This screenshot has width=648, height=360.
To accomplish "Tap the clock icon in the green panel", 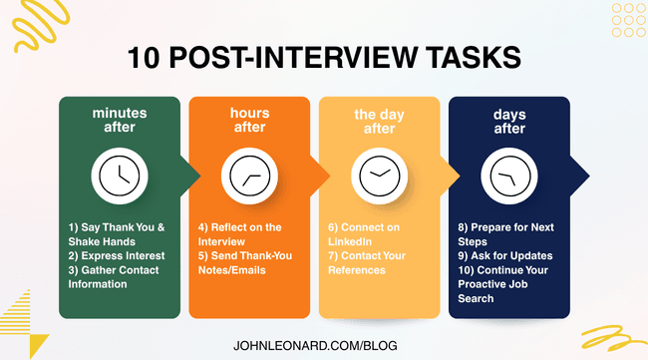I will pyautogui.click(x=120, y=177).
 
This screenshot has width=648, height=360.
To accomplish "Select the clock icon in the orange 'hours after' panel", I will pyautogui.click(x=249, y=177).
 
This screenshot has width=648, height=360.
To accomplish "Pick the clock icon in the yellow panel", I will pyautogui.click(x=379, y=177).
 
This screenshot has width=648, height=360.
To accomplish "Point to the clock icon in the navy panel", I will pyautogui.click(x=509, y=177).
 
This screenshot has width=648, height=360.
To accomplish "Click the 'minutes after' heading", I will pyautogui.click(x=120, y=122).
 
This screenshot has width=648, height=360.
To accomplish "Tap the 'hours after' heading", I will pyautogui.click(x=249, y=122).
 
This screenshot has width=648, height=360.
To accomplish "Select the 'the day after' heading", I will pyautogui.click(x=379, y=122).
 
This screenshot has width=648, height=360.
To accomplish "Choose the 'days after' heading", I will pyautogui.click(x=509, y=122).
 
